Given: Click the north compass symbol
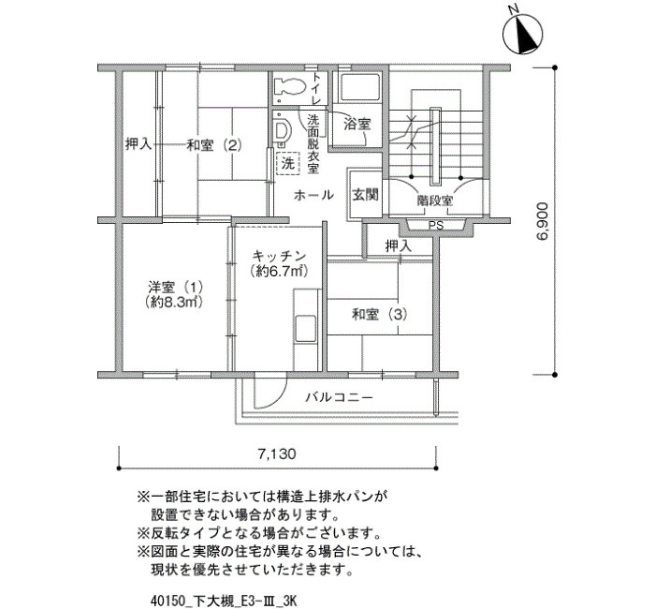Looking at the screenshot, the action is point(522,34).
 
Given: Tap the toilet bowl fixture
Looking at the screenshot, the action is point(289,87).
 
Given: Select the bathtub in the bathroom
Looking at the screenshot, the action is point(359,87).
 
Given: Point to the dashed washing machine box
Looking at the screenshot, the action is point(288,163).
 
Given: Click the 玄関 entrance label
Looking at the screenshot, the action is point(366,195).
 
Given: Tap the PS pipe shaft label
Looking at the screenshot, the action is point(436,226).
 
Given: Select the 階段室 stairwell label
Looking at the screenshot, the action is point(435,201).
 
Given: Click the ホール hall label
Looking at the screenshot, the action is point(313,195).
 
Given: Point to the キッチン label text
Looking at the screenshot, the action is point(279,256).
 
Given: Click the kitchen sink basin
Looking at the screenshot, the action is point(305,329).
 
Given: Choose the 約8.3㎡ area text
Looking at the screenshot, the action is point(174,302).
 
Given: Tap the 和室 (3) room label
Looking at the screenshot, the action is point(379,314).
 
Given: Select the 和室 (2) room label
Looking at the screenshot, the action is point(214,145).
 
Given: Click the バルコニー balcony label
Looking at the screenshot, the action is point(339,397).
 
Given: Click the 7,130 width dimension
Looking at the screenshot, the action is point(277,453).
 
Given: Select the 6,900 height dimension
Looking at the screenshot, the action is point(542,222).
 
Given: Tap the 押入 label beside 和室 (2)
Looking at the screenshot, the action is point(138,145).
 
